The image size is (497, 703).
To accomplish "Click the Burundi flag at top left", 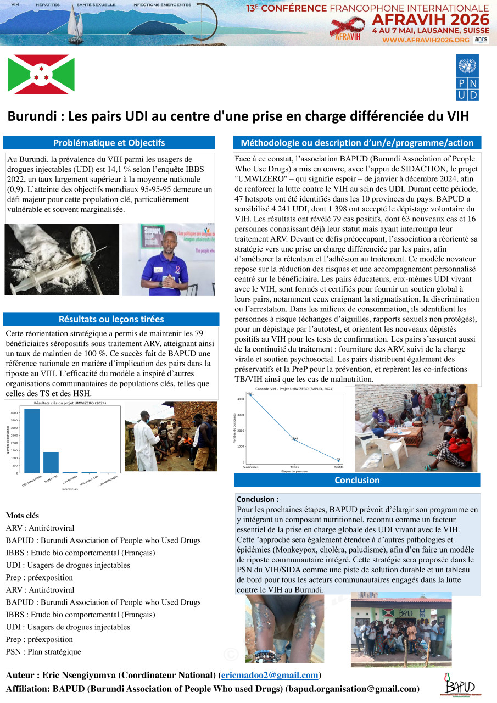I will click(x=41, y=74).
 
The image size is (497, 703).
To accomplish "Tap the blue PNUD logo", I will click(x=467, y=77).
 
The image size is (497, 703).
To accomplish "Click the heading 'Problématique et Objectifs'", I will click(x=109, y=143).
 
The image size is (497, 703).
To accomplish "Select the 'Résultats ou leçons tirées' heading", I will click(x=111, y=319).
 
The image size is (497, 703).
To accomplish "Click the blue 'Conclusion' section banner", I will click(x=357, y=480).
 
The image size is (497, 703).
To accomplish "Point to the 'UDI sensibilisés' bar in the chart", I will click(x=32, y=440).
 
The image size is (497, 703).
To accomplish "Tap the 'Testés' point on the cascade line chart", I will click(x=295, y=439).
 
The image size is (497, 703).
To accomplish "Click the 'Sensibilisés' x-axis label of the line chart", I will click(x=250, y=467).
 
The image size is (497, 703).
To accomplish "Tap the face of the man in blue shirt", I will click(x=168, y=240).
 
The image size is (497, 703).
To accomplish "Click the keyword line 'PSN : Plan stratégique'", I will click(x=43, y=652).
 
